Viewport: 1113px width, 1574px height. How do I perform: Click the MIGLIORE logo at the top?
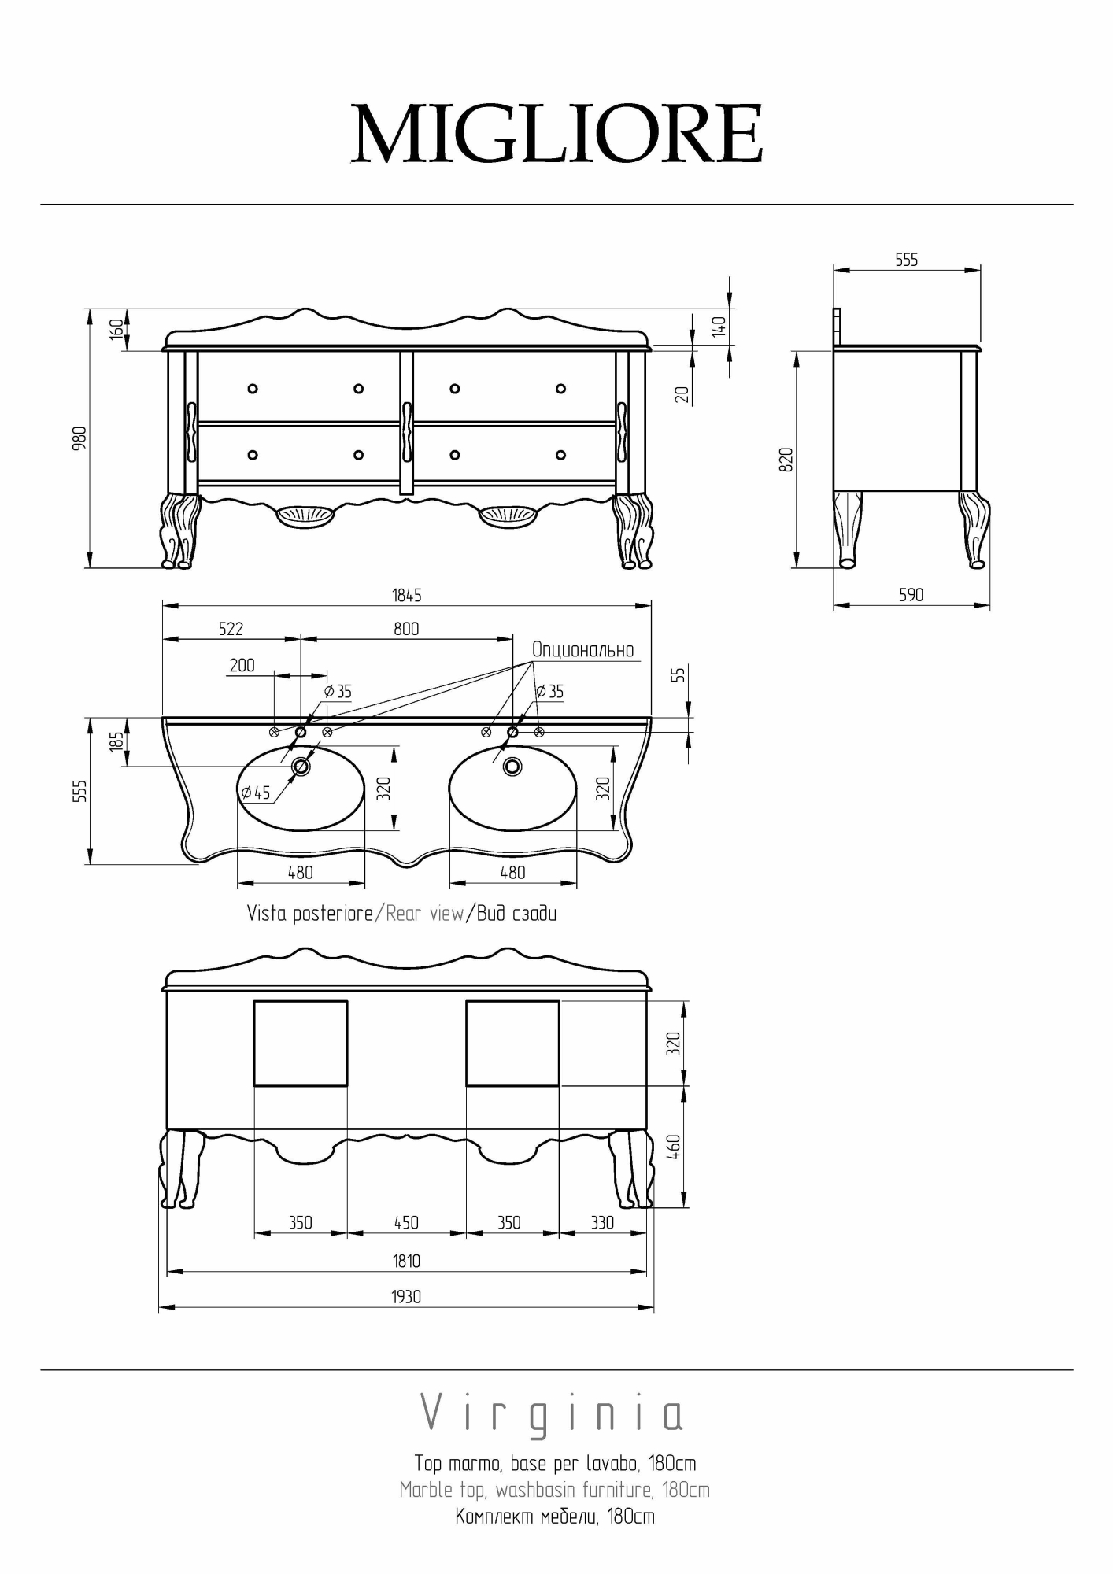556,133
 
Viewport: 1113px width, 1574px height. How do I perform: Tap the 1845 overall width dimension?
407,596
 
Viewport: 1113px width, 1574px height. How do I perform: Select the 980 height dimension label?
79,438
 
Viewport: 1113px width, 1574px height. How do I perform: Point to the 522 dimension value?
231,629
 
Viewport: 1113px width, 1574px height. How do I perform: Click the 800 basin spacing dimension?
406,629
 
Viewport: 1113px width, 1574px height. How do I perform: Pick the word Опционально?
582,650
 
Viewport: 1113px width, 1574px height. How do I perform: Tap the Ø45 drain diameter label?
256,793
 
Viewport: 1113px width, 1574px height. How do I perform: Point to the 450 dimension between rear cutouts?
406,1222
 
